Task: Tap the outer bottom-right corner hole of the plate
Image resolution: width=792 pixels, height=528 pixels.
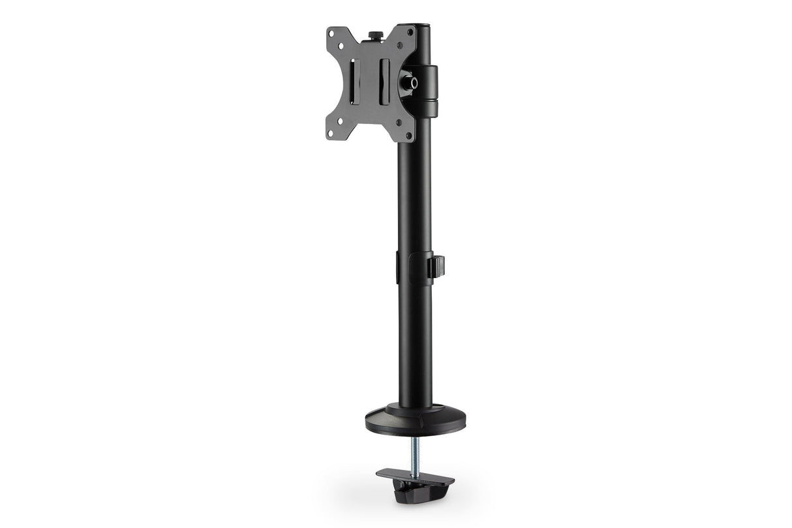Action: pos(408,136)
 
